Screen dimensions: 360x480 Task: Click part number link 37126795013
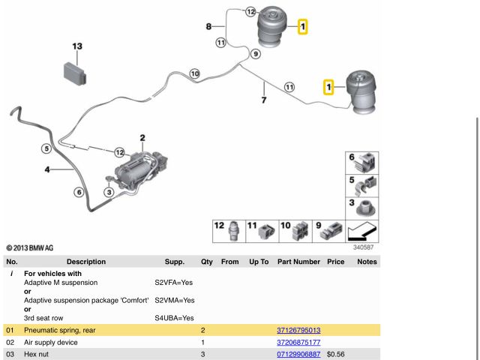(x=298, y=330)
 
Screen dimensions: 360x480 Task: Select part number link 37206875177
(x=298, y=342)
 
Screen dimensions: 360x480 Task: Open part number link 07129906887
(x=298, y=354)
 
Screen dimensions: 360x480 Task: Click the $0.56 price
(x=335, y=354)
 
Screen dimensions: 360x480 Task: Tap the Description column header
(x=86, y=262)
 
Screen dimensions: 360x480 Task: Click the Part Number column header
(x=298, y=262)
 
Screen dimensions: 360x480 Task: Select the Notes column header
(x=367, y=262)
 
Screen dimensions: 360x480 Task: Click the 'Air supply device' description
(x=51, y=342)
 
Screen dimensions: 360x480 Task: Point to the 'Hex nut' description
(x=36, y=354)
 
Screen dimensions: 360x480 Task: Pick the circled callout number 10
(x=195, y=73)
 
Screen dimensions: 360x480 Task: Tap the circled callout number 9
(x=256, y=54)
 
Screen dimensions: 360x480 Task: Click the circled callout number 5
(x=46, y=148)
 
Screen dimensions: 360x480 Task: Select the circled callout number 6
(x=78, y=192)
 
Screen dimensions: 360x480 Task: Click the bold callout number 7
(x=264, y=100)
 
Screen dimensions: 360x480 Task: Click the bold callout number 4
(x=46, y=170)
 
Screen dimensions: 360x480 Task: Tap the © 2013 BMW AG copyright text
(x=30, y=247)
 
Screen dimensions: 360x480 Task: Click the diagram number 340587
(x=364, y=247)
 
